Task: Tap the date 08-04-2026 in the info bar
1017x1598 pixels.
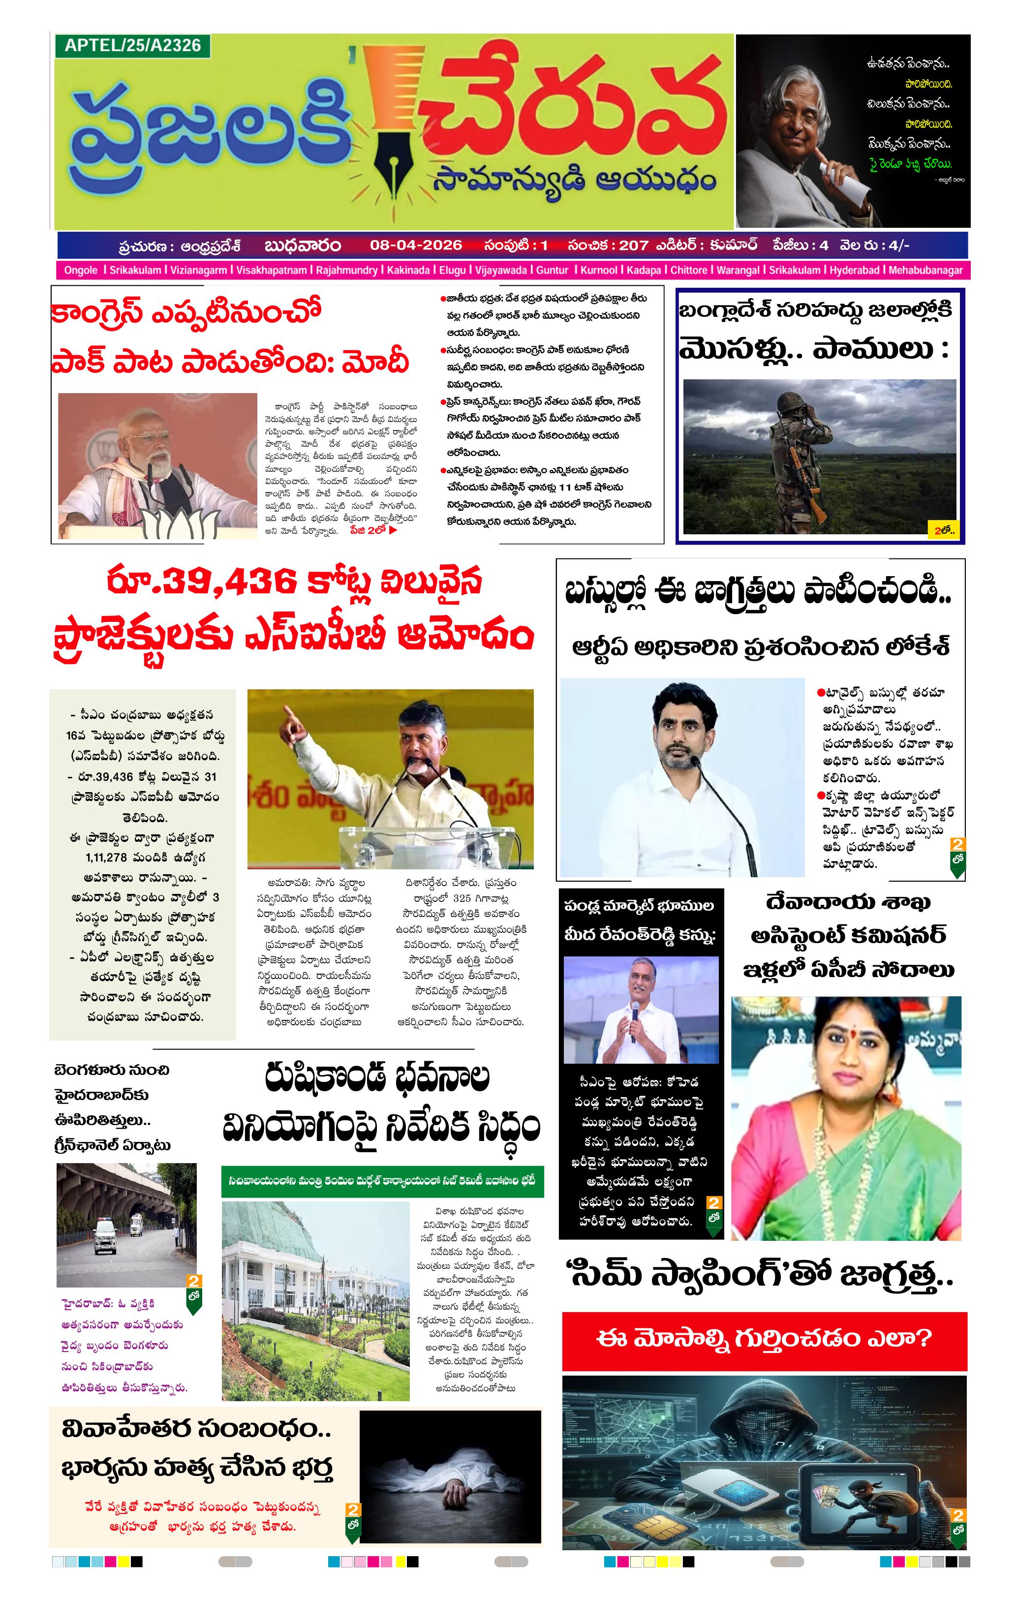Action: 416,246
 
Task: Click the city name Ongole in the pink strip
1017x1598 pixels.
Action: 80,271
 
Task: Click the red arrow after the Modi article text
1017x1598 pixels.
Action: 393,530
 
